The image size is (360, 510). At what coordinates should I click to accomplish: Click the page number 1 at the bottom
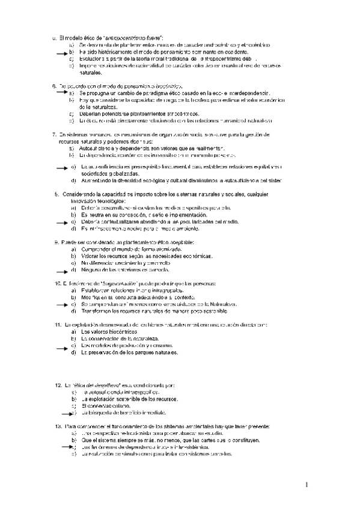tap(305, 484)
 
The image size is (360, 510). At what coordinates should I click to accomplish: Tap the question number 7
tap(54, 134)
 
